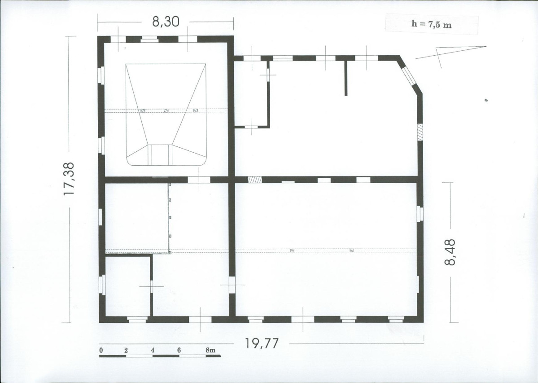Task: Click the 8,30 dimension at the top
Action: tap(166, 22)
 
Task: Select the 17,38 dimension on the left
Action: tap(69, 179)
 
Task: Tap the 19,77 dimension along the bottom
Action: tap(262, 343)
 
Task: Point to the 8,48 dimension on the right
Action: tap(450, 252)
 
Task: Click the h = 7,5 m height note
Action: tap(431, 24)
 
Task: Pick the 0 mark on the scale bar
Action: tap(101, 350)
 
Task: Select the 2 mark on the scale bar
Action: tap(126, 350)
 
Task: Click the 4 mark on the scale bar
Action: tap(153, 350)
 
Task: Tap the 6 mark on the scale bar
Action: tap(179, 350)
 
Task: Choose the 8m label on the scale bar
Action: tap(210, 350)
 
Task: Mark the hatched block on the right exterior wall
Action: tap(420, 132)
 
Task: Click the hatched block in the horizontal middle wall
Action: tap(255, 180)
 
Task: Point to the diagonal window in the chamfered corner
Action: tap(408, 76)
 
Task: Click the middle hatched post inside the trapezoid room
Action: tap(166, 110)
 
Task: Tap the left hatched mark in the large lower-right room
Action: tap(292, 251)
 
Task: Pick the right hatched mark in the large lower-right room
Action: tap(351, 251)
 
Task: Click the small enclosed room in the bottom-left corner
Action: tap(127, 286)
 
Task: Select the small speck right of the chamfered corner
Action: tap(486, 100)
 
